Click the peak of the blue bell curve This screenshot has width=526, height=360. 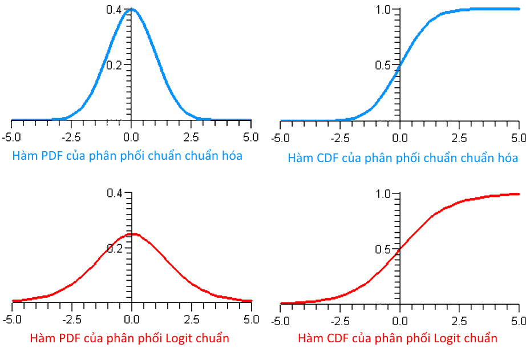131,10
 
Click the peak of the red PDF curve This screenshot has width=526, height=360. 132,233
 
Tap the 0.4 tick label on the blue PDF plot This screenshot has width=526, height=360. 114,9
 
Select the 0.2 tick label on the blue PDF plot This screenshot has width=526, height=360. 114,65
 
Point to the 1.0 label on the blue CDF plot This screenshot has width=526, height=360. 383,10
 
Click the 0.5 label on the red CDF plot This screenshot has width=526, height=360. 383,250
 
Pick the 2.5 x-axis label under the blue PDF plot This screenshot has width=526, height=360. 192,136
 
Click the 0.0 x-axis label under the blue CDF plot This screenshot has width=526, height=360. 399,137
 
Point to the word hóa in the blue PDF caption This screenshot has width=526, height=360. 230,156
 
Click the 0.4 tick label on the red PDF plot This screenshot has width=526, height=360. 114,193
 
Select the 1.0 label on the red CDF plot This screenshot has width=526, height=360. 383,194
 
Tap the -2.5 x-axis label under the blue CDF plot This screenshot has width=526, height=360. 339,137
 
